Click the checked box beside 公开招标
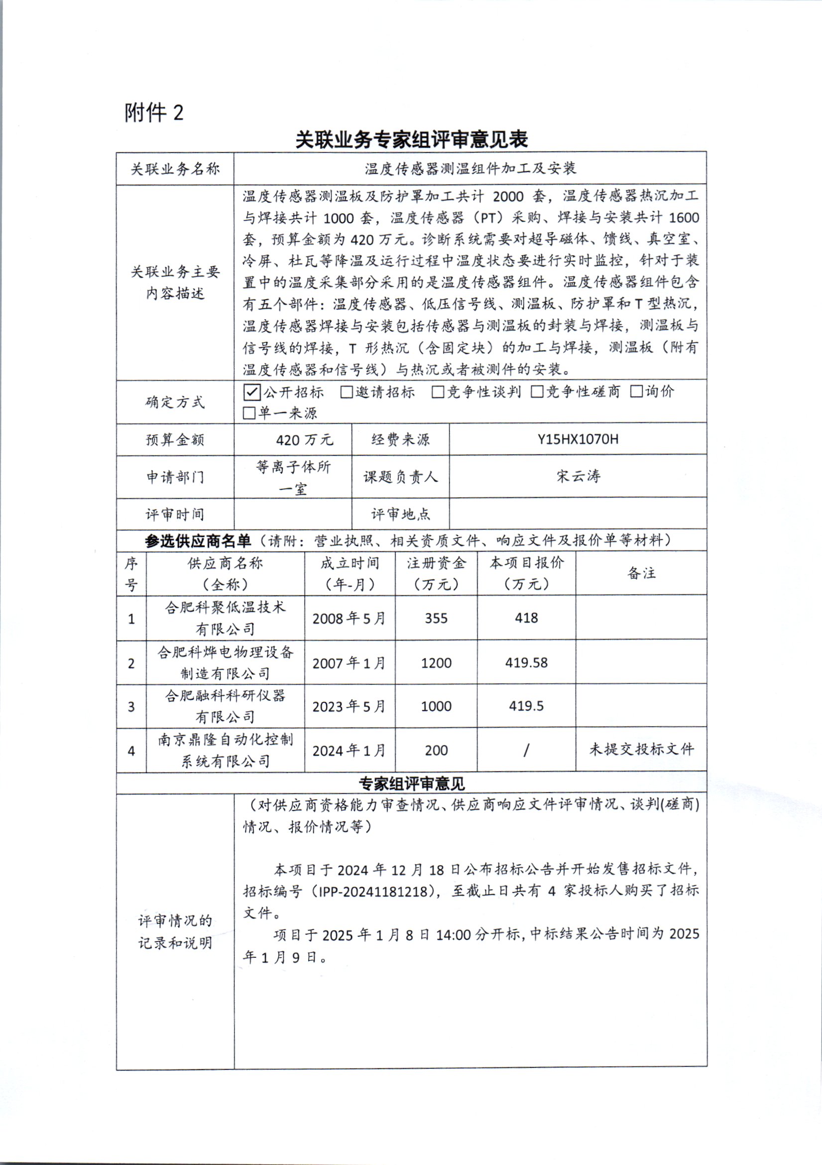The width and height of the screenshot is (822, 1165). pos(252,392)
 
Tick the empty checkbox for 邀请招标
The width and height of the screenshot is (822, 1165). pos(347,392)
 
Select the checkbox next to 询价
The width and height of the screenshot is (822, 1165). pos(636,391)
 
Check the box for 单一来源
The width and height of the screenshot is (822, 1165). pos(248,413)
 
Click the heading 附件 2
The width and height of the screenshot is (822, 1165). pos(154,113)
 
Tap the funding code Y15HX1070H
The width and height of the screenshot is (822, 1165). pos(578,439)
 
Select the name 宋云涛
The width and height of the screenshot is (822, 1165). pos(578,476)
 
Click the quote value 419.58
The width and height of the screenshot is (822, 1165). pos(526,662)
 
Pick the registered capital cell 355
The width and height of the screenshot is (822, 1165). pos(436,618)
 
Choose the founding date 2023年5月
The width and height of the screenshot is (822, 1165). pos(349,706)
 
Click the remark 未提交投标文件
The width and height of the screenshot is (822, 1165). pos(641,749)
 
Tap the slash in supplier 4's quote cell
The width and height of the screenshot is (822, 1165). pos(526,750)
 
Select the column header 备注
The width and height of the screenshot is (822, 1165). pos(641,573)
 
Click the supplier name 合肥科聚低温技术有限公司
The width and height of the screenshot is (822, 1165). pos(225,618)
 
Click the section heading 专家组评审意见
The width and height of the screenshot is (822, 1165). pos(411,784)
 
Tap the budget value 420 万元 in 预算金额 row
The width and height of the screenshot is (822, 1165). pos(304,440)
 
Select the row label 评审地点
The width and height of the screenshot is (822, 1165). pos(400,515)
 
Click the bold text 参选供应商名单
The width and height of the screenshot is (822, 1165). pos(198,541)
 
